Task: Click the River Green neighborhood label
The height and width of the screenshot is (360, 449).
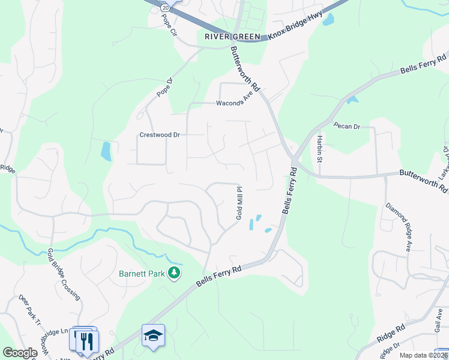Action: pyautogui.click(x=232, y=37)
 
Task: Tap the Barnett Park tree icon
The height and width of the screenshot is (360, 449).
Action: pyautogui.click(x=174, y=274)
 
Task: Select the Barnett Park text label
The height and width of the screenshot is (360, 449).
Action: pyautogui.click(x=142, y=274)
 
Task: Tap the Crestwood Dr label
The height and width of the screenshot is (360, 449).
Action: pyautogui.click(x=160, y=135)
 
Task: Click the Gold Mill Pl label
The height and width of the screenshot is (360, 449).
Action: pyautogui.click(x=239, y=202)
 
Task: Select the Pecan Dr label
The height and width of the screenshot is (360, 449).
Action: pyautogui.click(x=348, y=127)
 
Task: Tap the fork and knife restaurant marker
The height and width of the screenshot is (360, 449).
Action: pyautogui.click(x=85, y=341)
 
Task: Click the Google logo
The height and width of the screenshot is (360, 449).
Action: pyautogui.click(x=20, y=353)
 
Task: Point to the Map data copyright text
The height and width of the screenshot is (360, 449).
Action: pyautogui.click(x=423, y=355)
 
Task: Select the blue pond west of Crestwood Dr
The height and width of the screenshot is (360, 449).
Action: pyautogui.click(x=106, y=151)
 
